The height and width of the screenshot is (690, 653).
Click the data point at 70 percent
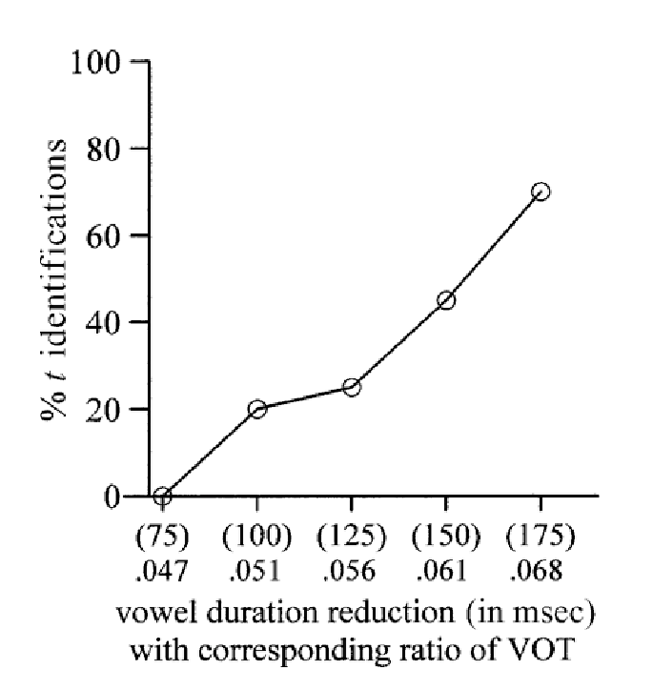[541, 192]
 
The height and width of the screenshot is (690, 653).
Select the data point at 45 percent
[446, 300]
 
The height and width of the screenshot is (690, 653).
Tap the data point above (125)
[352, 387]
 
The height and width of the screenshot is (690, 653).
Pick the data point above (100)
[256, 409]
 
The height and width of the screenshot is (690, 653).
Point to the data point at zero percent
[162, 497]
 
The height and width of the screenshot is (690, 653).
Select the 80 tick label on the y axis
[104, 150]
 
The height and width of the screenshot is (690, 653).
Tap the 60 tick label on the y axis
[104, 236]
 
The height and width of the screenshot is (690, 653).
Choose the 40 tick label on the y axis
[104, 323]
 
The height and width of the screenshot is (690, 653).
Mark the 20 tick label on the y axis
[104, 410]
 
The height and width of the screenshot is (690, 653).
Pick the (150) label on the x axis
[445, 537]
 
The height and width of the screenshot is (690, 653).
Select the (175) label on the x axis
[541, 537]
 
